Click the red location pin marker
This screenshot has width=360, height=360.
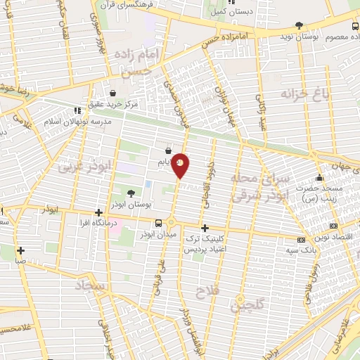(181, 165)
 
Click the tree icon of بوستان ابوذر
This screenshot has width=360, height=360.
(131, 193)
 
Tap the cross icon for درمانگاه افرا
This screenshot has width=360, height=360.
(98, 213)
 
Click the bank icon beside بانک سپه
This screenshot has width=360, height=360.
(302, 239)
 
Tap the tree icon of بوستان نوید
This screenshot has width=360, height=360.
(299, 25)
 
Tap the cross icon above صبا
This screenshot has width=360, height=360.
(21, 250)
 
